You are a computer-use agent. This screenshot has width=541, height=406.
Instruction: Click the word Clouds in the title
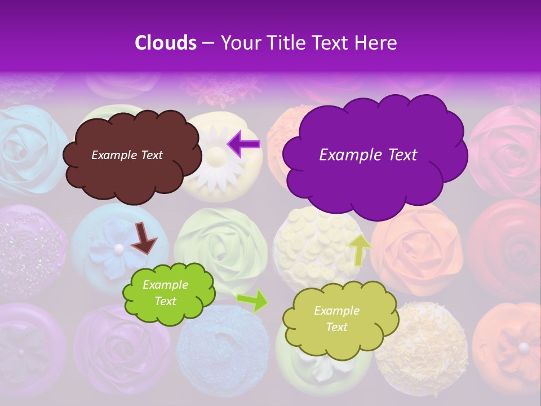pyautogui.click(x=166, y=43)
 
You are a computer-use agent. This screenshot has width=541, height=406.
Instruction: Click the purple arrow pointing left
pyautogui.click(x=244, y=144)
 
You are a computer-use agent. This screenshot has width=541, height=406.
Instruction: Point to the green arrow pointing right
pyautogui.click(x=252, y=301)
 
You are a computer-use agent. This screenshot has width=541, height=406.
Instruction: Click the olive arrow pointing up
pyautogui.click(x=360, y=249)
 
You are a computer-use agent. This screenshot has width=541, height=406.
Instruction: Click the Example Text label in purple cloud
pyautogui.click(x=368, y=155)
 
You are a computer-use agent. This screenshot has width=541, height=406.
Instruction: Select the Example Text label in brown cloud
pyautogui.click(x=127, y=155)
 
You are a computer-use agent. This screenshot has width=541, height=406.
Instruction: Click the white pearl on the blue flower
pyautogui.click(x=118, y=248)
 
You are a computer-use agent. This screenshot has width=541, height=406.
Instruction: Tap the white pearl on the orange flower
pyautogui.click(x=524, y=347)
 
